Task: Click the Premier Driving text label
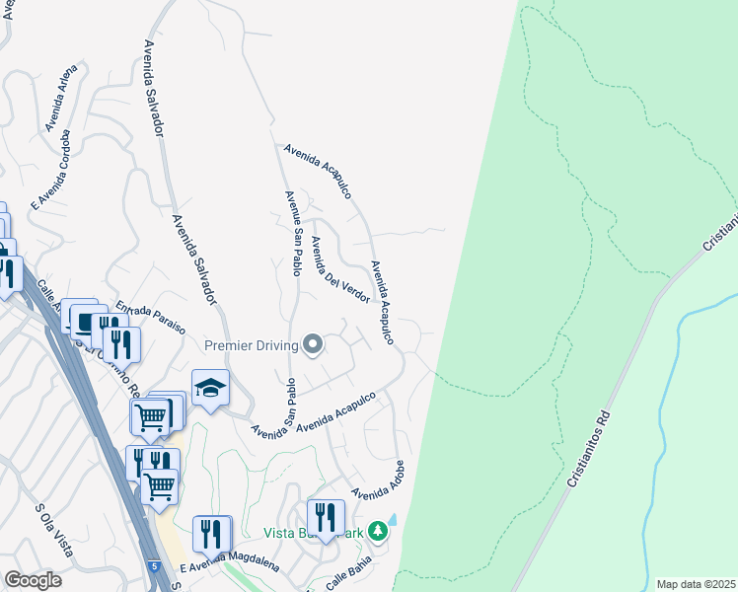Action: [251, 345]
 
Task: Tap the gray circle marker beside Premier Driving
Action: [314, 344]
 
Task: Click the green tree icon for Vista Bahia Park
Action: [378, 532]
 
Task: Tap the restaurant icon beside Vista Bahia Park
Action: [325, 517]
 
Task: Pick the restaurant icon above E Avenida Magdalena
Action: [210, 534]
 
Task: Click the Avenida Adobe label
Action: [380, 480]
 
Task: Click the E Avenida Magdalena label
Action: [230, 565]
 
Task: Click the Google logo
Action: [33, 580]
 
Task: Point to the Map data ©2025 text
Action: [696, 584]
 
